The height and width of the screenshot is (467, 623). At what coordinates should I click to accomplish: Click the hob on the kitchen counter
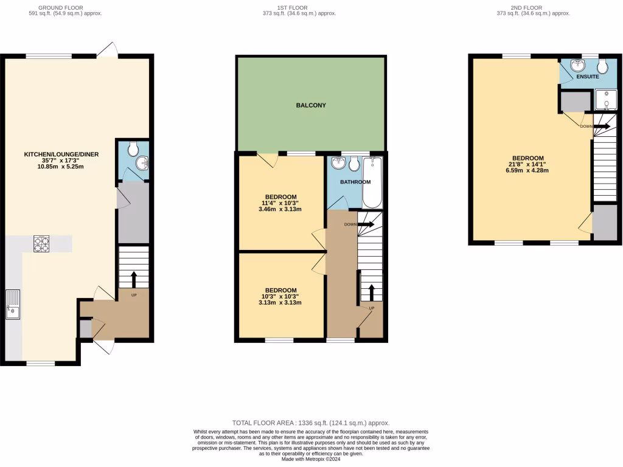(x=41, y=243)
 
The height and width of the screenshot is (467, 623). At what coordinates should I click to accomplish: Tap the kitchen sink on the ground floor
(x=13, y=304)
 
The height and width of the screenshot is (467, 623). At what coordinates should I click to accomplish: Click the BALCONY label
(x=311, y=105)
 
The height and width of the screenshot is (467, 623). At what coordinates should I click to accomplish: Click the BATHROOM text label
(x=355, y=182)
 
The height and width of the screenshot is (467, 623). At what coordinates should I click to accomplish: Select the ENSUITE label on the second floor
(x=588, y=77)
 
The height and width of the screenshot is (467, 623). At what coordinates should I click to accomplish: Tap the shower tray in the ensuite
(x=606, y=101)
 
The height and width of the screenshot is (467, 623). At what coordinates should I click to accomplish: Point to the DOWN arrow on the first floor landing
(x=365, y=224)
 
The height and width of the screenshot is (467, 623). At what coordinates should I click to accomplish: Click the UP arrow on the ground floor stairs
(x=133, y=280)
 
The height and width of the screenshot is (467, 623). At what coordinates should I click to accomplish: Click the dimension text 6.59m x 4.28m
(x=524, y=170)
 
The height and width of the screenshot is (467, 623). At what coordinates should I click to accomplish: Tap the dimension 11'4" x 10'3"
(x=280, y=203)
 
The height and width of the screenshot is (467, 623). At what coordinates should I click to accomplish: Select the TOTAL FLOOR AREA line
(x=311, y=423)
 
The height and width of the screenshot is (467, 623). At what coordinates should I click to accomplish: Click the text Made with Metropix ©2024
(x=311, y=459)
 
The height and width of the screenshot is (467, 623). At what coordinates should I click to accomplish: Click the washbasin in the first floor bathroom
(x=337, y=163)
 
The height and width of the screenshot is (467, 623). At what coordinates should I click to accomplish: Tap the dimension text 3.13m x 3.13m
(x=280, y=302)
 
